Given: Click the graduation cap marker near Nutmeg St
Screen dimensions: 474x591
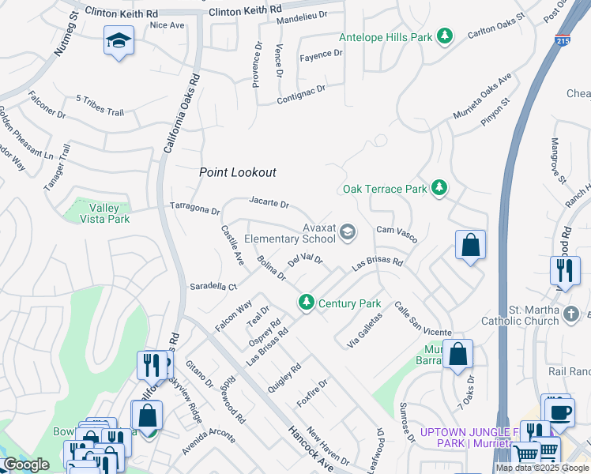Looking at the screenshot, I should pos(119,40).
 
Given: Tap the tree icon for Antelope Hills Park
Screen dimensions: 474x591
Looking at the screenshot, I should pos(446,36).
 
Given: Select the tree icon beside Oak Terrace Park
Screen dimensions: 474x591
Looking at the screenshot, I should pos(439,188).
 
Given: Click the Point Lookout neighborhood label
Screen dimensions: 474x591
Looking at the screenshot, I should pos(237,171).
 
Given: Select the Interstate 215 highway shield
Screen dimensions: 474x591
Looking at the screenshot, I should pos(562,42).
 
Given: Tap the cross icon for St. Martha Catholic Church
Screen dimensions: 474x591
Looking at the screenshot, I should pos(573,315).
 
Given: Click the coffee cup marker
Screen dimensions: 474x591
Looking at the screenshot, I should pos(560,412).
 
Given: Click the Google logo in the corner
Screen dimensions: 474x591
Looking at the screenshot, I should pos(26,465).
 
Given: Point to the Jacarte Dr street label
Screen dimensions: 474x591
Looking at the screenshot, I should pos(269,203).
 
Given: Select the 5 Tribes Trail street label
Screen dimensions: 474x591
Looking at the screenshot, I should pos(100,106).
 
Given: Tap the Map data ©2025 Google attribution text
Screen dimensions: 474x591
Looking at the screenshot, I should pos(542,468).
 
